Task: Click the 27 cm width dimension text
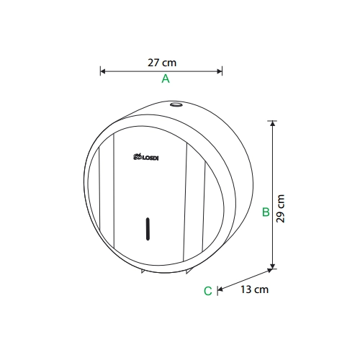click(x=162, y=63)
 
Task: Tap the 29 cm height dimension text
click(x=280, y=209)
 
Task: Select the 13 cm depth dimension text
click(x=254, y=289)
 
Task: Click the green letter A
click(x=166, y=78)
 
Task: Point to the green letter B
click(x=266, y=212)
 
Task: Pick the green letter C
click(x=208, y=291)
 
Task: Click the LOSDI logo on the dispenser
click(x=145, y=157)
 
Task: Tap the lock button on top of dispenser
click(x=176, y=104)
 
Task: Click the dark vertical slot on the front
click(x=148, y=229)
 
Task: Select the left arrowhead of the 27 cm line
click(x=103, y=71)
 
